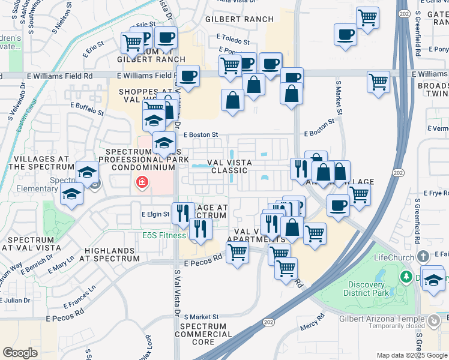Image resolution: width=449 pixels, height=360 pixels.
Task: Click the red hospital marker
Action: click(142, 182)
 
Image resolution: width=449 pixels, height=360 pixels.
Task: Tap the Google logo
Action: click(20, 353)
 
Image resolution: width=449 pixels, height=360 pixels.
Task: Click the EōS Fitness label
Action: click(164, 235)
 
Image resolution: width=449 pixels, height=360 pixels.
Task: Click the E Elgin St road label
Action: click(155, 214)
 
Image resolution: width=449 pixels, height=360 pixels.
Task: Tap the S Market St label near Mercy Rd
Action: click(202, 316)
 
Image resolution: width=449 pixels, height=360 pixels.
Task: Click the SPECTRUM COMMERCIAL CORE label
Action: click(203, 334)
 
